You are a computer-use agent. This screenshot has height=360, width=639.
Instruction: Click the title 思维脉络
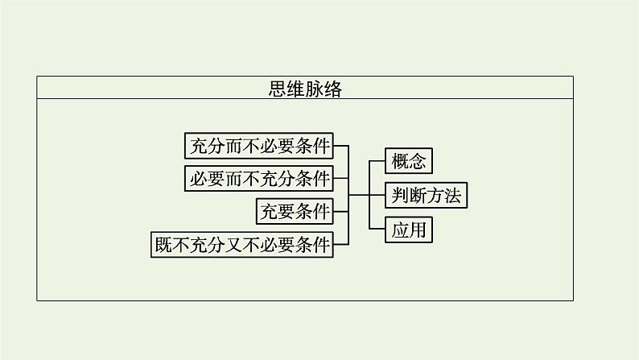coord(305,89)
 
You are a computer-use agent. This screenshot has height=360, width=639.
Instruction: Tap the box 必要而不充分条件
coord(258,178)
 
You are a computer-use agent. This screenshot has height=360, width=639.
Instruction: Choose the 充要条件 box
coord(295,211)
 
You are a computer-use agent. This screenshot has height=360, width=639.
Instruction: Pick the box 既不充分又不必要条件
coord(242,244)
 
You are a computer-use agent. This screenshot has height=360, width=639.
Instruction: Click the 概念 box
coord(408,161)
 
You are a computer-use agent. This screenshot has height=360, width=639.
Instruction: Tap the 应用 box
coord(408,229)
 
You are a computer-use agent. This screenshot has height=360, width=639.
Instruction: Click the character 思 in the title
coord(278,89)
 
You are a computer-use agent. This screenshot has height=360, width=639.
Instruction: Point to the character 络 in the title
coord(332,89)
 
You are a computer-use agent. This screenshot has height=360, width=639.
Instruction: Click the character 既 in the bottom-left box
coord(163,244)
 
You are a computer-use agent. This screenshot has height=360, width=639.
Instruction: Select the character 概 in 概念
coord(399,161)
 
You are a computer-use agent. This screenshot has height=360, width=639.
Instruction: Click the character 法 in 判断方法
coord(453,195)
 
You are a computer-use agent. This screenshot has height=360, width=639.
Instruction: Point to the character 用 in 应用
coord(417,229)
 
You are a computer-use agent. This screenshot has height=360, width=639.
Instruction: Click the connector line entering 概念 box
coord(376,161)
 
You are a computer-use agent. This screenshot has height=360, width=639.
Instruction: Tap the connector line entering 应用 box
coord(376,229)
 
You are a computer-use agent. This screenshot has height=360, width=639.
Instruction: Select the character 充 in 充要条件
coord(268,211)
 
